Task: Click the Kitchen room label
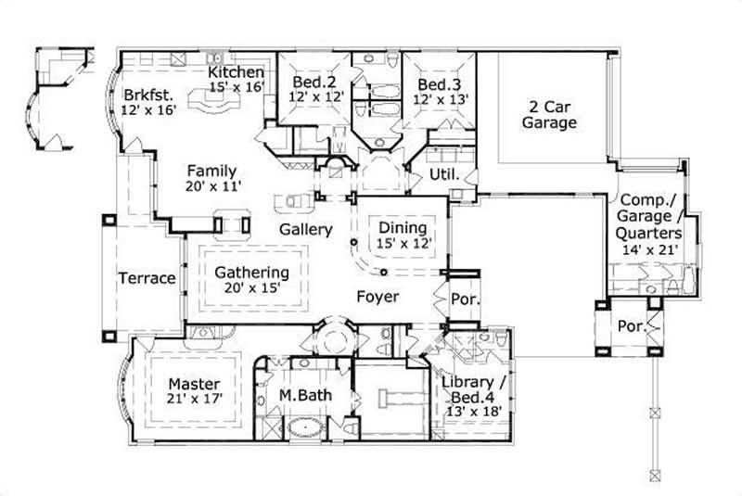[x=237, y=72]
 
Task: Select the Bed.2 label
[x=314, y=82]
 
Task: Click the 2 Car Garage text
[x=548, y=114]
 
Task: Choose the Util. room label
[x=441, y=174]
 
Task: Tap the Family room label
[x=212, y=171]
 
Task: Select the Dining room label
[x=403, y=227]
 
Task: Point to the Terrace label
[x=147, y=278]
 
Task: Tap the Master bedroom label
[x=194, y=383]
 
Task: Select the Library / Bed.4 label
[x=474, y=384]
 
